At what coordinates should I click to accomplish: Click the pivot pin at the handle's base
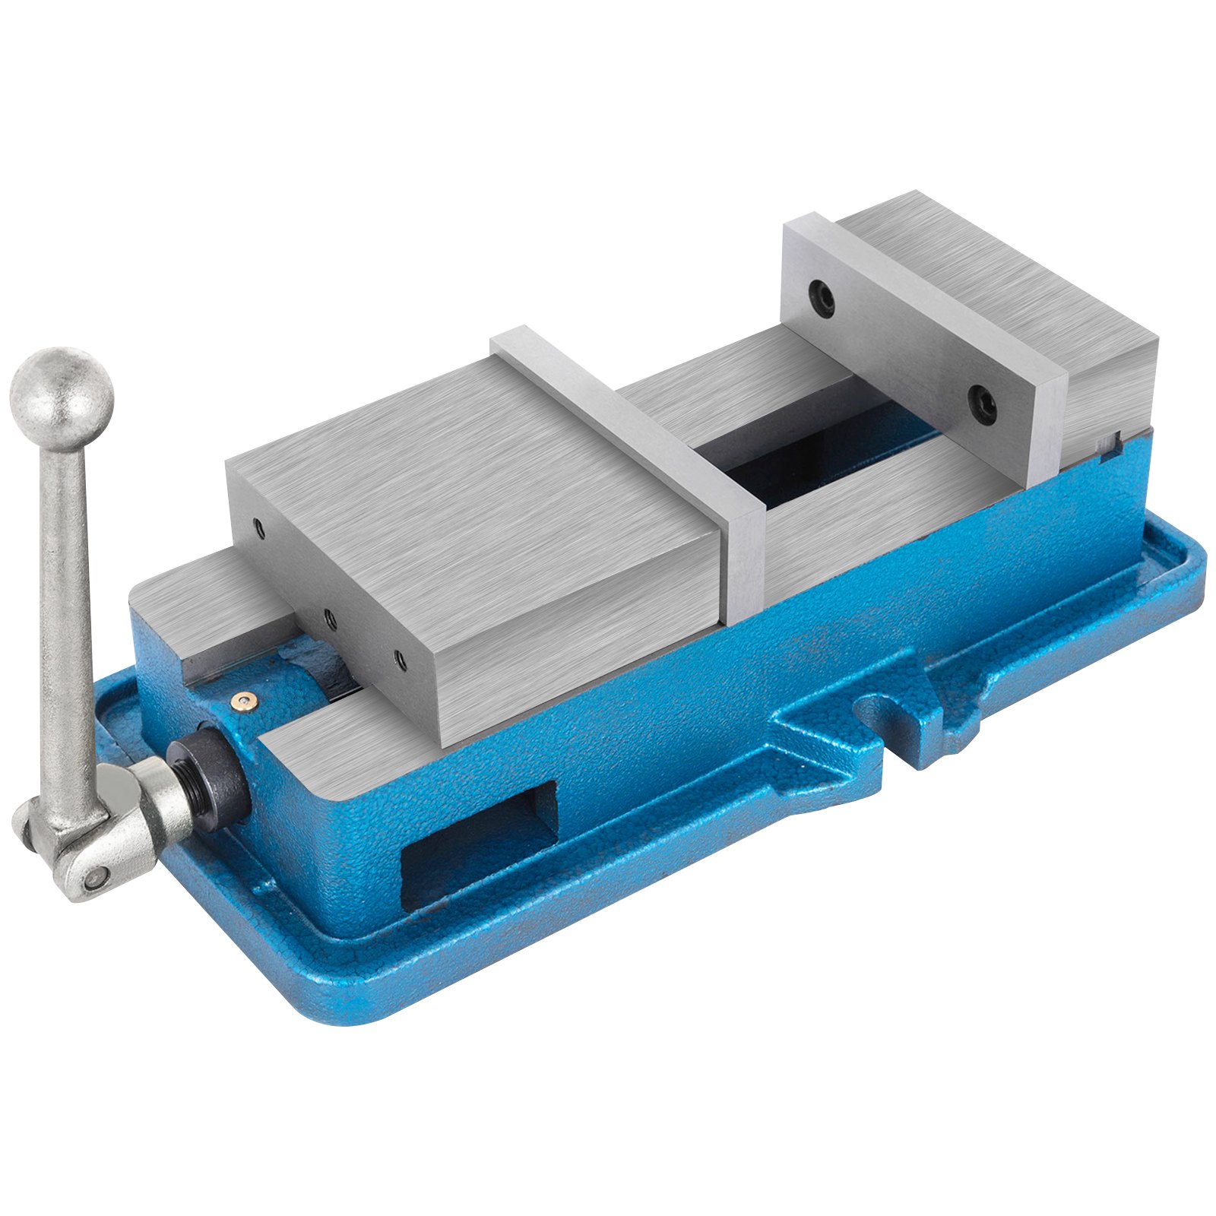coord(94,878)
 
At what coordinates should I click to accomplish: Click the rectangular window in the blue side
coord(479,844)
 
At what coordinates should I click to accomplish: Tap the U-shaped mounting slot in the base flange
coord(889,722)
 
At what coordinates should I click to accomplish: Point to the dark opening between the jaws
coord(798,456)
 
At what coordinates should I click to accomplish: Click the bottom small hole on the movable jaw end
coord(401,661)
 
